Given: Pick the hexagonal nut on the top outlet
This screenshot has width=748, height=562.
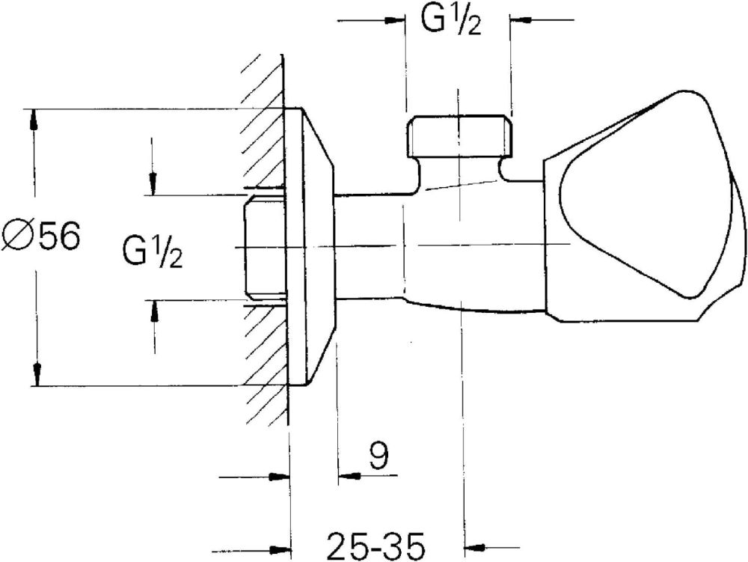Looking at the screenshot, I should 460,136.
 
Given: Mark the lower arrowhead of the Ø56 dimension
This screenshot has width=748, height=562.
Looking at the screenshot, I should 34,374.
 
